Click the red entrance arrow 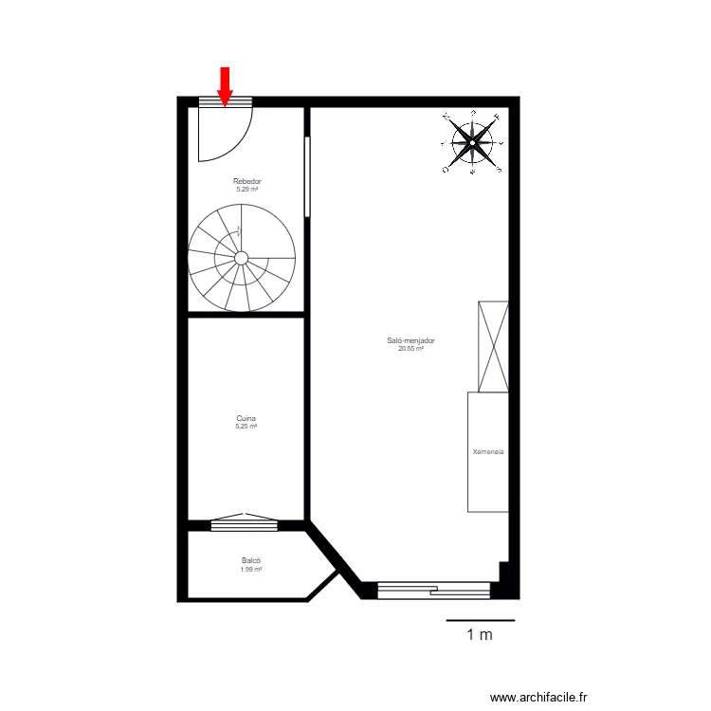tap(225, 85)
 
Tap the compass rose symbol tap(472, 143)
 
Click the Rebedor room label tap(246, 181)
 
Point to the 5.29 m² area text tap(246, 190)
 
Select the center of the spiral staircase tap(241, 257)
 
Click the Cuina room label tap(246, 418)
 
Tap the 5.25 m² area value tap(246, 427)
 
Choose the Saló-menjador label tap(410, 340)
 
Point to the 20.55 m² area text tap(410, 349)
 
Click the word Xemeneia tap(488, 452)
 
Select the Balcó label tap(250, 561)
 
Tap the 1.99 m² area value tap(250, 570)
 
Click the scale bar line tap(481, 620)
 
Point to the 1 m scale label tap(480, 635)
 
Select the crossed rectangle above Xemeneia tap(493, 346)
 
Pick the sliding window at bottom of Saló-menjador tap(434, 590)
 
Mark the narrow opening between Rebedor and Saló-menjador tap(306, 177)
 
